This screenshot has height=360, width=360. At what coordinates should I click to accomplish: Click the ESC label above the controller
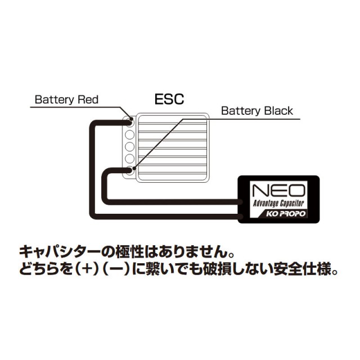tap(169, 100)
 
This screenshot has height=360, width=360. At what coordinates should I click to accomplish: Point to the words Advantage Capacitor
tap(278, 202)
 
